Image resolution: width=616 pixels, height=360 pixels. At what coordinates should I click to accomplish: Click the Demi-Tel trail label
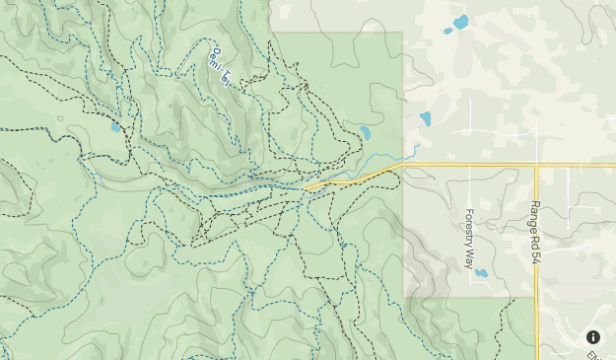tap(220, 66)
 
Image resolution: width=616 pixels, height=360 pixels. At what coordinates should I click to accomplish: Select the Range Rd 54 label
tap(535, 226)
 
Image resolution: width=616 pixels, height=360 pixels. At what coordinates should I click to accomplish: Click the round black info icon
tap(593, 337)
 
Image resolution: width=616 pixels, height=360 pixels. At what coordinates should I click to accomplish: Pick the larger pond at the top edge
tap(460, 22)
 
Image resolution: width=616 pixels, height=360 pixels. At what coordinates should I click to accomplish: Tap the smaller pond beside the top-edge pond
tap(447, 31)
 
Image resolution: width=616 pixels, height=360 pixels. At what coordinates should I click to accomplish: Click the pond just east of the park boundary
tap(425, 118)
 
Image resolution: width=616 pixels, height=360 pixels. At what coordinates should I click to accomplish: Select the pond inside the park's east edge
tap(365, 132)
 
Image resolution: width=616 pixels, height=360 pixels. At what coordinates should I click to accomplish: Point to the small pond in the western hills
tap(115, 126)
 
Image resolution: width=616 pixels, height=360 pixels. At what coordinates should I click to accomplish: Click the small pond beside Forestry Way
tap(481, 273)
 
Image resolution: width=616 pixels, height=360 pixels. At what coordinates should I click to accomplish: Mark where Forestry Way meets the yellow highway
tap(469, 165)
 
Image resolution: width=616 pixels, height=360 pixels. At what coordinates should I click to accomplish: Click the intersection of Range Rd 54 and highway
tap(536, 165)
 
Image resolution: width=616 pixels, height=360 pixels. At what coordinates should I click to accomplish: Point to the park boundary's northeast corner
tap(402, 33)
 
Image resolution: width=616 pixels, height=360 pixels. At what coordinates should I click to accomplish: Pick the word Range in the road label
tap(535, 212)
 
